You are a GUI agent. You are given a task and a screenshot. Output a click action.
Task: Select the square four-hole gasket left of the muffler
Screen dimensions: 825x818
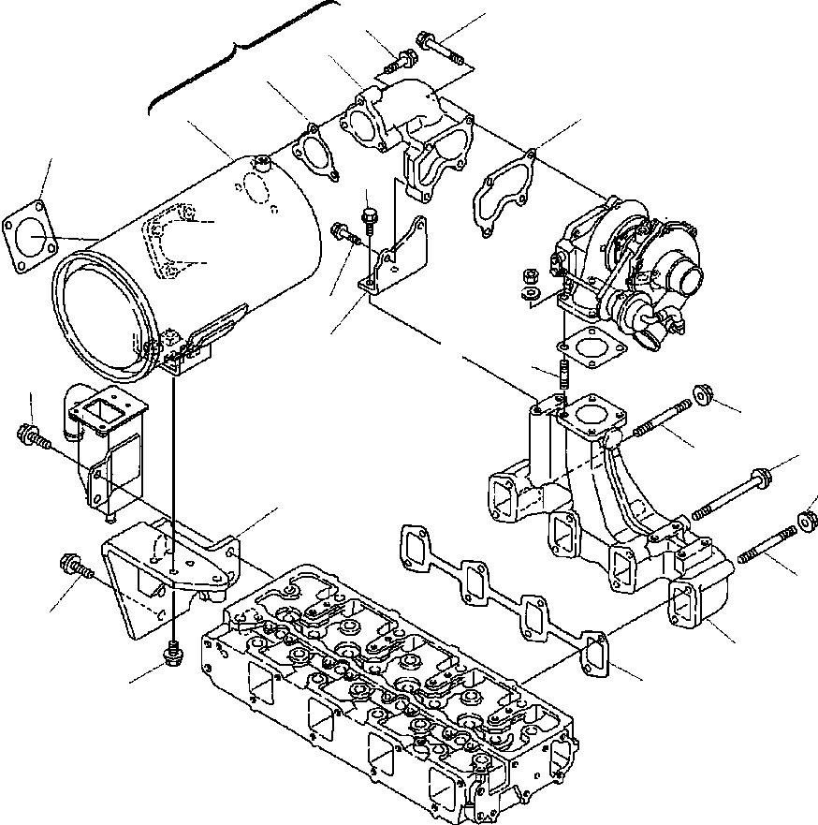coord(29,234)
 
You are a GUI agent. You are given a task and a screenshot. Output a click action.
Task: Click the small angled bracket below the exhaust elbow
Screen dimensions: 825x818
coord(393,258)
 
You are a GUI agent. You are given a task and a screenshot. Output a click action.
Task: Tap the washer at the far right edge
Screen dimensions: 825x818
coord(807,520)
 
